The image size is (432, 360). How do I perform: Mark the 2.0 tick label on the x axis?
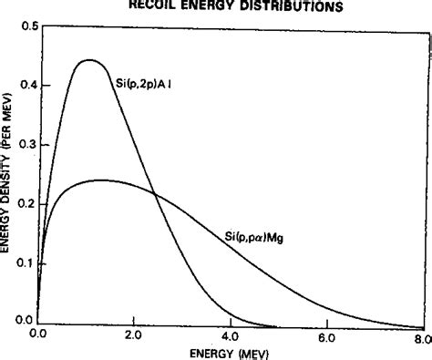(134, 335)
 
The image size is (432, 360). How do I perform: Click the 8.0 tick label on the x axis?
(420, 335)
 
